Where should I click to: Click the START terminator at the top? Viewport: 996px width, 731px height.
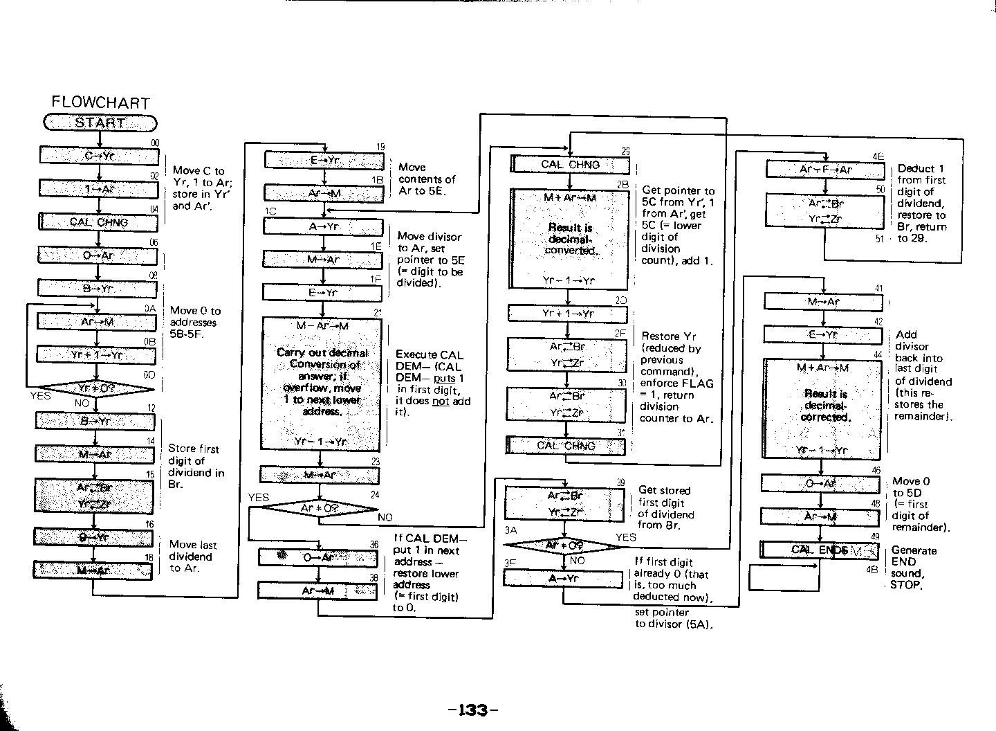coord(100,123)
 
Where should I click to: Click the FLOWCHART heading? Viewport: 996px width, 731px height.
coord(100,102)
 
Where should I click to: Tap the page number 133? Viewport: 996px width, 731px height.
coord(473,710)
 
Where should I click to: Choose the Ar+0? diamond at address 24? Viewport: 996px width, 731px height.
coord(320,508)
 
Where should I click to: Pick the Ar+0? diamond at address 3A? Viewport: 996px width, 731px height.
coord(564,545)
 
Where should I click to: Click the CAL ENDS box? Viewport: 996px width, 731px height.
coord(819,550)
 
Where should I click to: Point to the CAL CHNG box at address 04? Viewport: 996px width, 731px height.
coord(98,222)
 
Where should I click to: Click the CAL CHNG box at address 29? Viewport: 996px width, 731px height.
coord(570,165)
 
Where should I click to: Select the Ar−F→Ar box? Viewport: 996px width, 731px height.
coord(825,170)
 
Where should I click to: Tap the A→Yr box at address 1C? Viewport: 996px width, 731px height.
coord(322,226)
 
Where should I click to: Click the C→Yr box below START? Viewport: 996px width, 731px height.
coord(99,156)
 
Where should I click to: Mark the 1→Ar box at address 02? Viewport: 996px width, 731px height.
coord(99,188)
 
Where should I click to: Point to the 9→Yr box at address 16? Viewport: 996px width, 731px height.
coord(93,537)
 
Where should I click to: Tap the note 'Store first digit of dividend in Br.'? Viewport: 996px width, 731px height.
coord(196,467)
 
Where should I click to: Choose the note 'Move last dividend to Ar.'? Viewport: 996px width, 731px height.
coord(192,556)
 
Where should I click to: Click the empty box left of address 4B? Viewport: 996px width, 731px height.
coord(784,577)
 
